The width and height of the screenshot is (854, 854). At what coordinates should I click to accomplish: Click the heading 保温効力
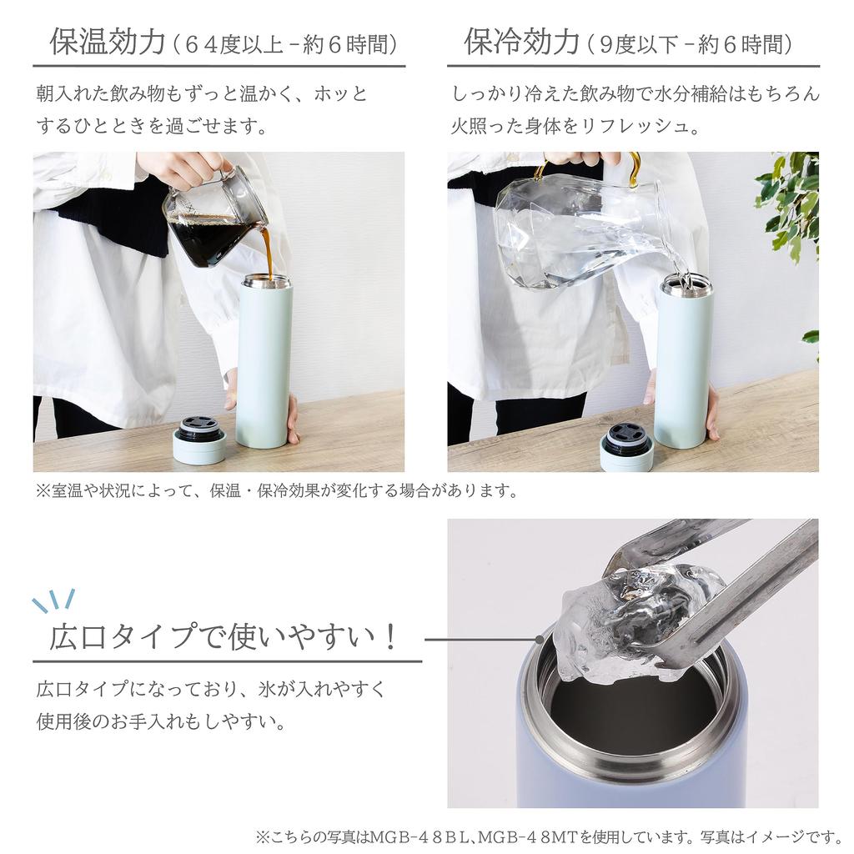pos(108,42)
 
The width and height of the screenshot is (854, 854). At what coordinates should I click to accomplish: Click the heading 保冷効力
pos(521,42)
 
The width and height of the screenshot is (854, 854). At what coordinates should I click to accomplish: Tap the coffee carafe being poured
pos(213,221)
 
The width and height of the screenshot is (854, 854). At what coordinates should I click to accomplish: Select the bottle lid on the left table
pos(199,442)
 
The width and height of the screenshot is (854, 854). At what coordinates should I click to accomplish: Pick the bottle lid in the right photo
pos(626,449)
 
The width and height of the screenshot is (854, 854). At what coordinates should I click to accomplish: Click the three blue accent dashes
pos(53,600)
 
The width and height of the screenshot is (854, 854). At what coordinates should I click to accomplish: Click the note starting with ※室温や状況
pos(275,490)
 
